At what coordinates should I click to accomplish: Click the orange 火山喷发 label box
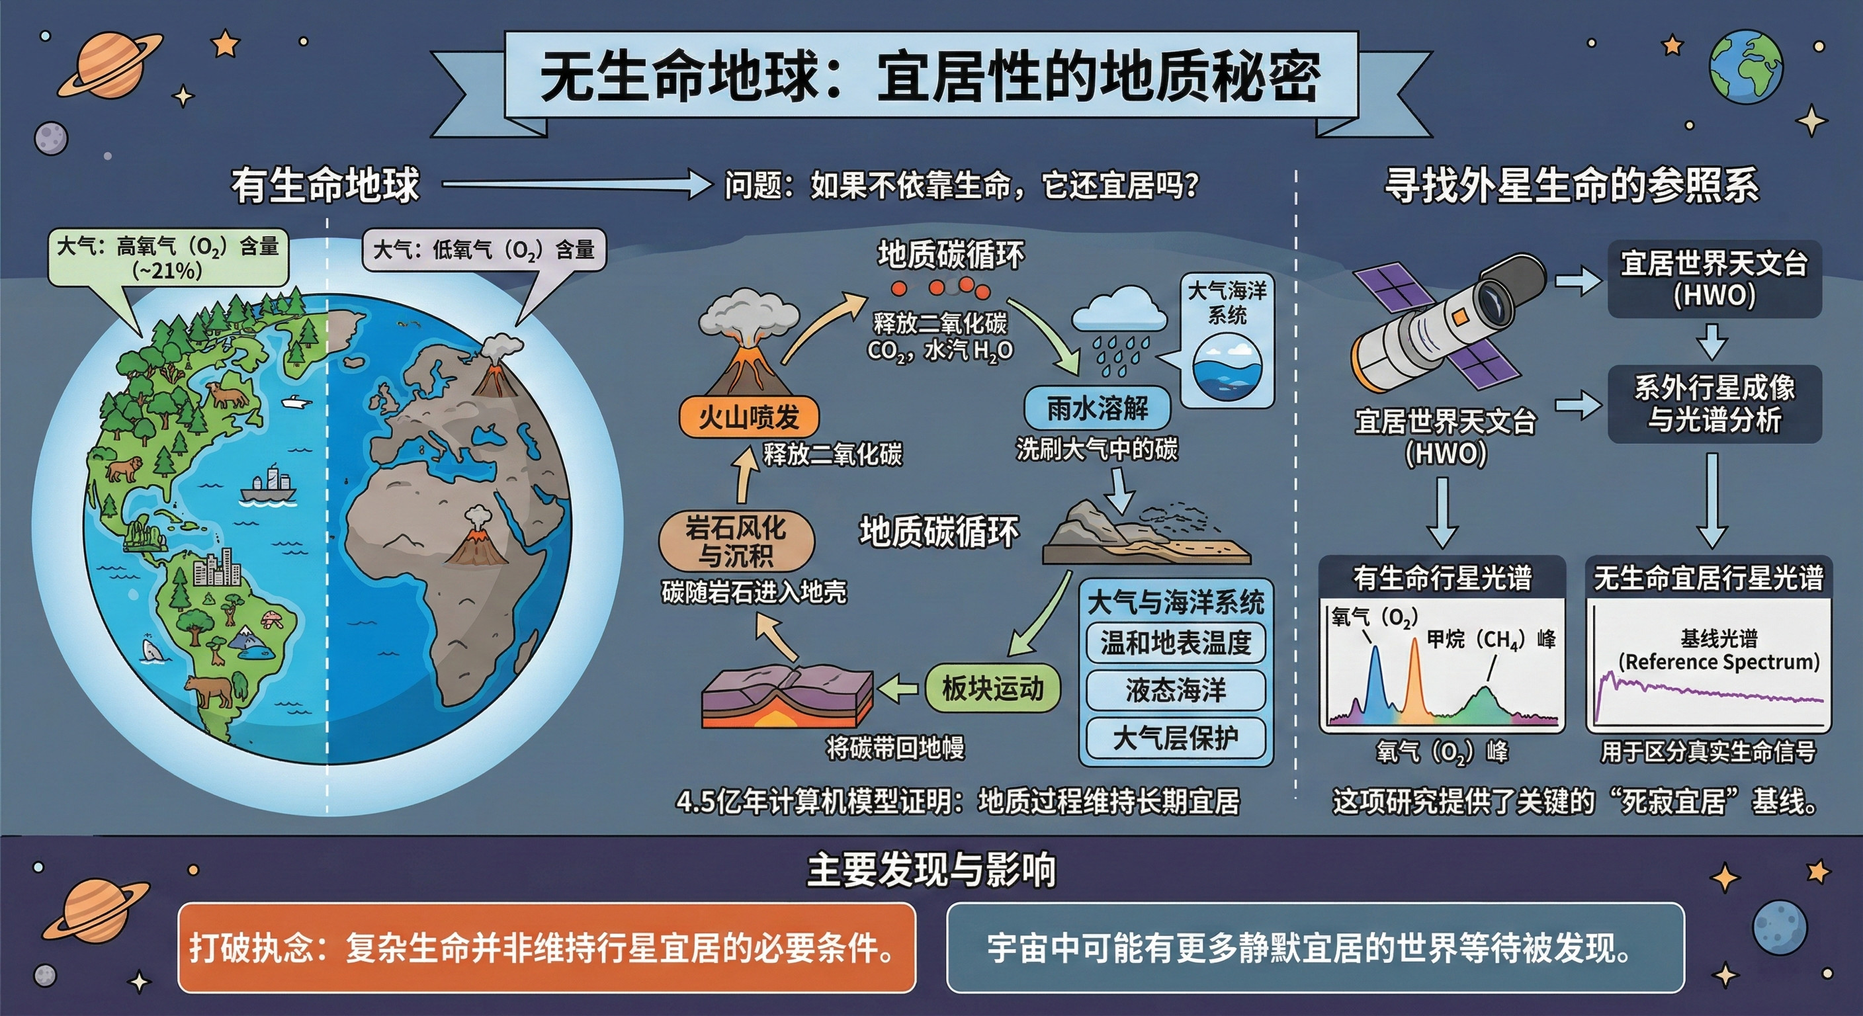pos(748,417)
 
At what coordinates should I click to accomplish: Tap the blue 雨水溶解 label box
pos(1096,409)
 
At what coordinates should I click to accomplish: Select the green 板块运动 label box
pos(993,689)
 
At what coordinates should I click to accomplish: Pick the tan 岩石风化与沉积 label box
pos(736,542)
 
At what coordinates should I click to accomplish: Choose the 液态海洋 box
pos(1175,691)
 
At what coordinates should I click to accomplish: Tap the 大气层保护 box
pos(1175,738)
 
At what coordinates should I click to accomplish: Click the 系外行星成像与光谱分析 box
pos(1714,404)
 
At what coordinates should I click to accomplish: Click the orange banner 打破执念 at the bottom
pos(546,947)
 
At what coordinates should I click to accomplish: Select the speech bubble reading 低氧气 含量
pos(483,250)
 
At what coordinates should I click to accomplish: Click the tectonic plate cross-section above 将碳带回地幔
pos(789,695)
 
